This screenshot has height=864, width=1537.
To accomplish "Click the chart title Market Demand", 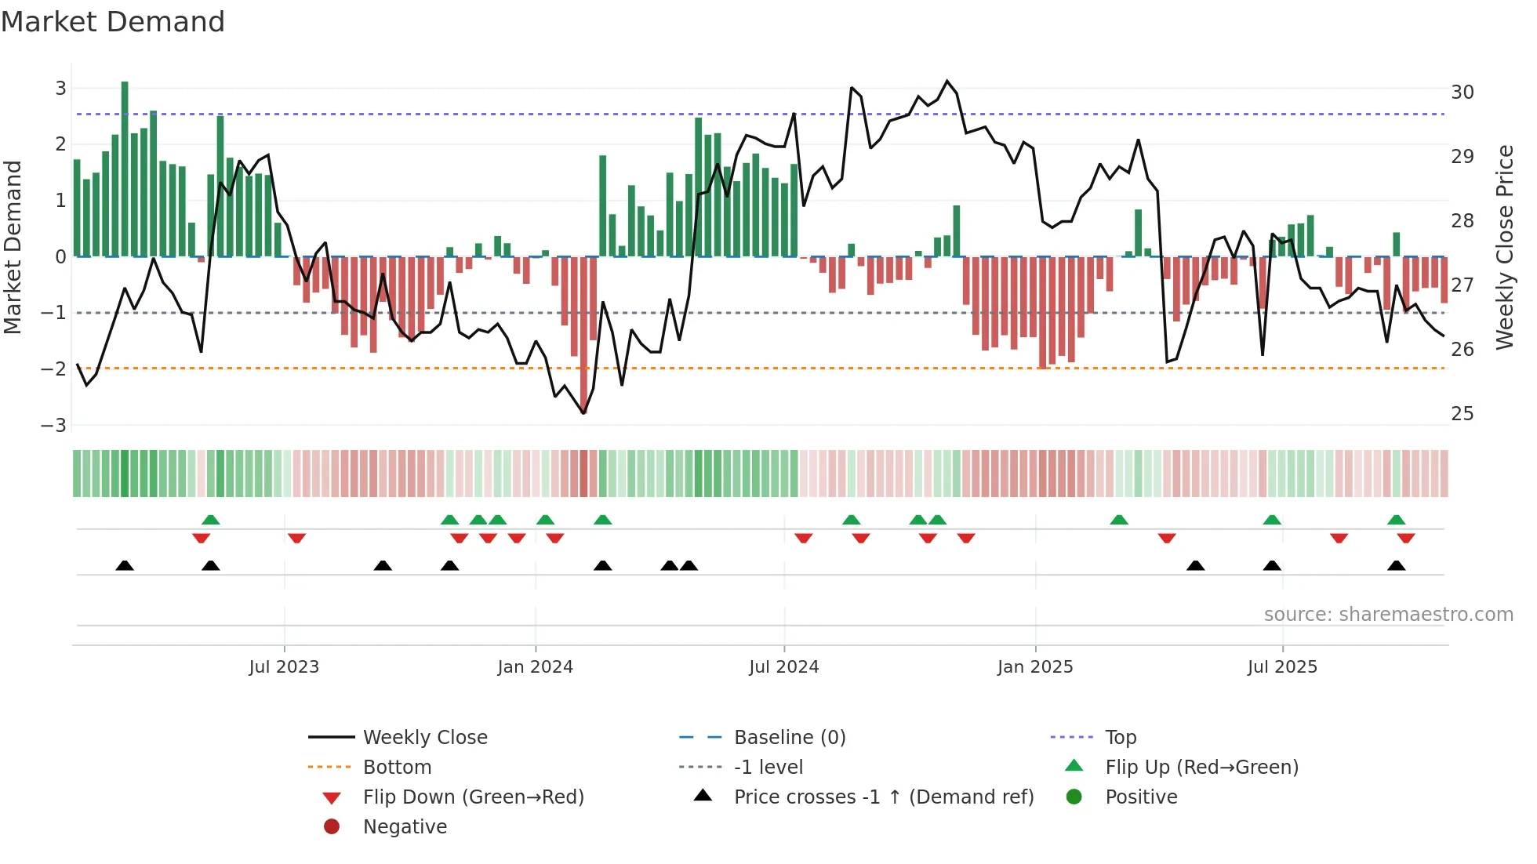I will point(113,22).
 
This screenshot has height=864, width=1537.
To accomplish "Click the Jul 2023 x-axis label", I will point(284,667).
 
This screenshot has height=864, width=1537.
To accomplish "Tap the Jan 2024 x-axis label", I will point(535,667).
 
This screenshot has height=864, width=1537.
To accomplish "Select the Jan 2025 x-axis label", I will point(1034,667).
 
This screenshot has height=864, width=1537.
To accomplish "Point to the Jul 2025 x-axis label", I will point(1282,667).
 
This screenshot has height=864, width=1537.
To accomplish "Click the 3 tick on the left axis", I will point(60,89).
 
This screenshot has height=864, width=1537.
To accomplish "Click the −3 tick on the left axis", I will point(54,425).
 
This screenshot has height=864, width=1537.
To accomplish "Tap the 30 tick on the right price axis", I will point(1462,93).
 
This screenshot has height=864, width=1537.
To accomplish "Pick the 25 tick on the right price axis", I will point(1462,414).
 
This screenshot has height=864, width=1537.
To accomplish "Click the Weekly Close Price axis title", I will point(1504,247).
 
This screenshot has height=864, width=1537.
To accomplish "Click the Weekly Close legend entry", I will point(424,738).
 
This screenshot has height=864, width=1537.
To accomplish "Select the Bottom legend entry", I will point(397,768).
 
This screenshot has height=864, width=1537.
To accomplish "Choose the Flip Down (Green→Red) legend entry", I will point(473,797).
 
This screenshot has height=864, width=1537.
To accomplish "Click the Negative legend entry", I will point(405,827).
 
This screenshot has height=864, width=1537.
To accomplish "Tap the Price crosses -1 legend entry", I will point(883,797).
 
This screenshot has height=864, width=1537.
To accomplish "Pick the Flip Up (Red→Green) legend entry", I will point(1201,768).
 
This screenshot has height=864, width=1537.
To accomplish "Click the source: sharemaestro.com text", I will point(1388,615).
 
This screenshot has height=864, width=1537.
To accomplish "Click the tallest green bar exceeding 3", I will point(125,169).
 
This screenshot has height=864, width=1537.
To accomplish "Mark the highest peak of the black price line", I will point(947,81).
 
